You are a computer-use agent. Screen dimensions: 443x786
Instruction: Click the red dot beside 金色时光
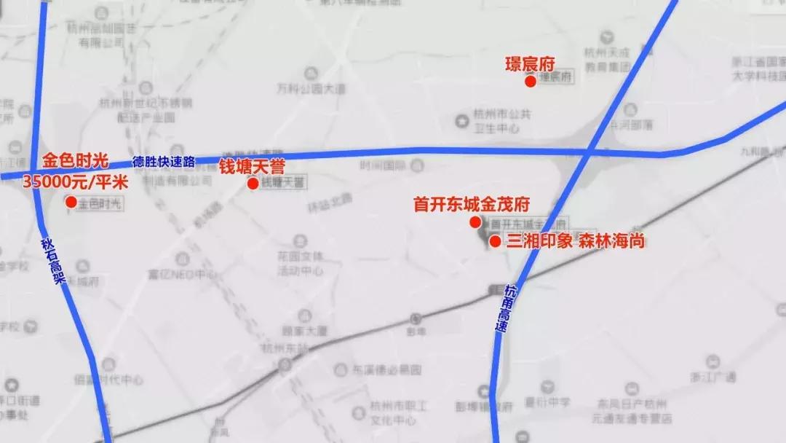pyautogui.click(x=71, y=202)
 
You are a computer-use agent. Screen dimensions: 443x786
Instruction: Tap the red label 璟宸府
pyautogui.click(x=530, y=64)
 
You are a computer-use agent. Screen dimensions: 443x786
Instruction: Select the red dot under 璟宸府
pyautogui.click(x=531, y=82)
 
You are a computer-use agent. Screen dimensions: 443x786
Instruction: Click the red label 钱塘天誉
pyautogui.click(x=253, y=165)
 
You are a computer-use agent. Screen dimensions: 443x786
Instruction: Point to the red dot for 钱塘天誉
pyautogui.click(x=253, y=184)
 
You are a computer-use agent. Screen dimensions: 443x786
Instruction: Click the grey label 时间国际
pyautogui.click(x=381, y=165)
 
